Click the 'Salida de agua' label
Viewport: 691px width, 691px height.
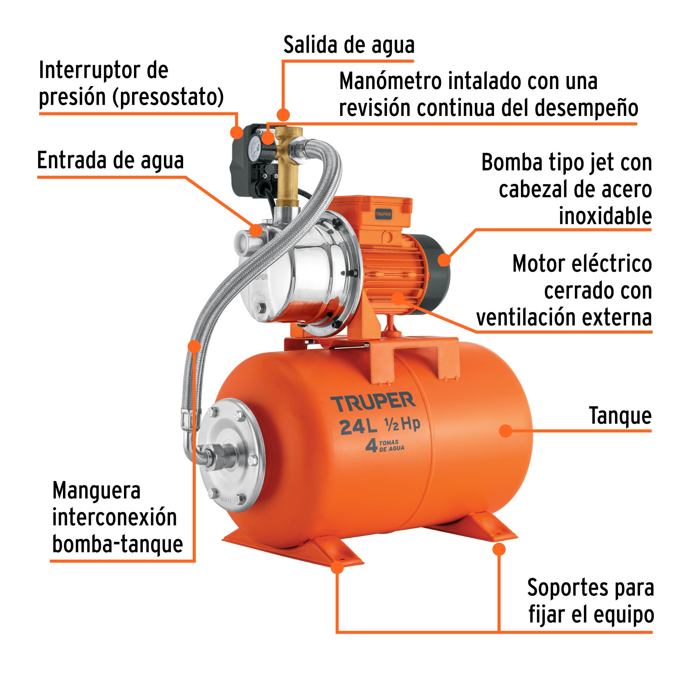(349, 45)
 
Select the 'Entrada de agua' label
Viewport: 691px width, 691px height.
(111, 160)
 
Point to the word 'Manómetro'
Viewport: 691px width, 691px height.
(391, 81)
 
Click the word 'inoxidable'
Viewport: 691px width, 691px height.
(605, 216)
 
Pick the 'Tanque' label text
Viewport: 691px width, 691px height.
(620, 416)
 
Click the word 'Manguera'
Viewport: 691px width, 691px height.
(96, 491)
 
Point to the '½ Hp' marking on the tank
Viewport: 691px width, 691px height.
(402, 425)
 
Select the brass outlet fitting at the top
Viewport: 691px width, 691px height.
(287, 165)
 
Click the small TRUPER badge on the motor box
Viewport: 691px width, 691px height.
(383, 214)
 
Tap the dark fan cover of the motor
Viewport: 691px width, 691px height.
(438, 269)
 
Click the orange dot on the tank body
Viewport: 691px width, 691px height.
(506, 431)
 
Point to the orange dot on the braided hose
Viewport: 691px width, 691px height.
(195, 346)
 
